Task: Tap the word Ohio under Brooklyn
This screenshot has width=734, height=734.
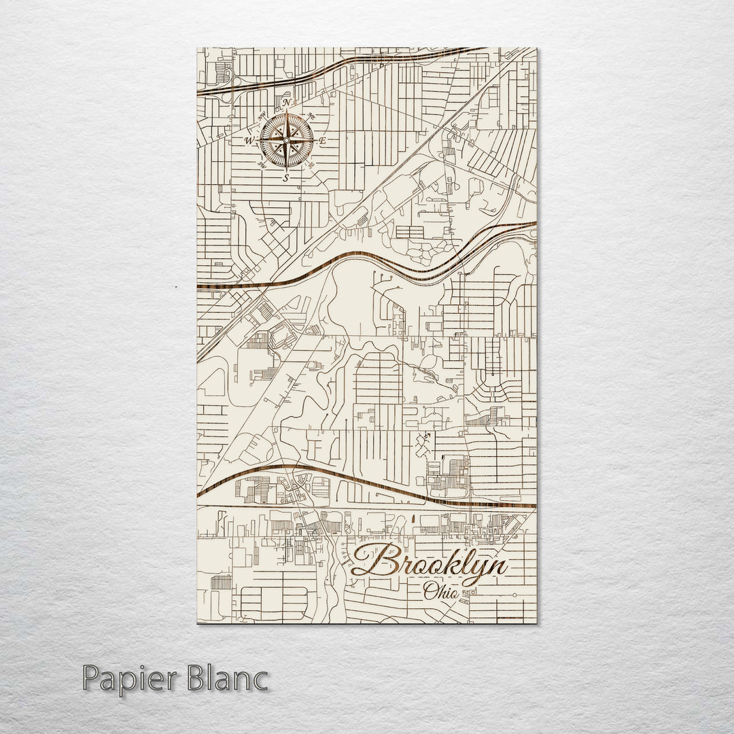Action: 440,591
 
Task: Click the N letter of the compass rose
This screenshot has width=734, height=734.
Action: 287,103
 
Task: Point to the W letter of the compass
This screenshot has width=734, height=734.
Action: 249,141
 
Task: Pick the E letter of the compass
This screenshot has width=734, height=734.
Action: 324,141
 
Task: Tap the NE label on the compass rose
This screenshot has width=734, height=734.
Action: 312,115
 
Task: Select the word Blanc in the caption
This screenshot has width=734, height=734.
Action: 224,679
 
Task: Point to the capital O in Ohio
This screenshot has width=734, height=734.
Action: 430,590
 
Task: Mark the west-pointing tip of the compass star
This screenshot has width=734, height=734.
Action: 258,141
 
